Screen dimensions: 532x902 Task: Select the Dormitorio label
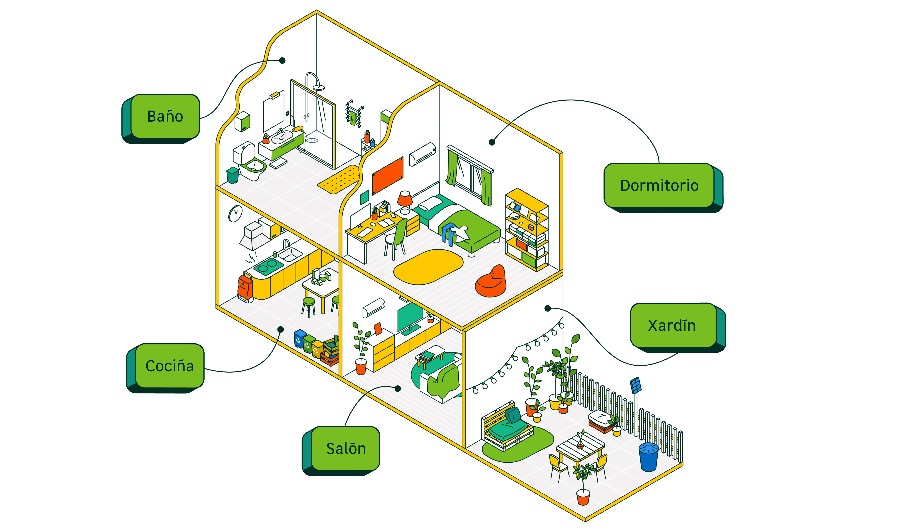tap(659, 186)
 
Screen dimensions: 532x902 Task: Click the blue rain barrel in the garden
tap(649, 457)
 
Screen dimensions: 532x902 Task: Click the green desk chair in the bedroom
tap(397, 237)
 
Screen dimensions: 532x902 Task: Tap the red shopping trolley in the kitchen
tap(245, 287)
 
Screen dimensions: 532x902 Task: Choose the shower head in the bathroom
tap(318, 87)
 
